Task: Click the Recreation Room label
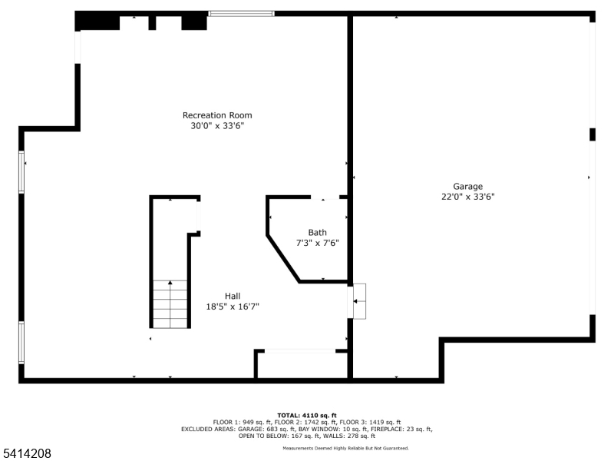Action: click(x=217, y=115)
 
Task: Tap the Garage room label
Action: click(x=468, y=187)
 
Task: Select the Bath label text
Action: click(x=317, y=233)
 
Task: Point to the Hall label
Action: click(x=233, y=296)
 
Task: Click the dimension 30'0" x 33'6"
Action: click(x=217, y=126)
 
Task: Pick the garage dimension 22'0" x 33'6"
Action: click(x=468, y=197)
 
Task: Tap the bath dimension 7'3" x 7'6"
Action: click(x=317, y=243)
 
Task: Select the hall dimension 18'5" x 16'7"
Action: click(x=233, y=307)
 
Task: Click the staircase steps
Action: click(x=170, y=304)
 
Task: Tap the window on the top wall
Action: click(x=241, y=14)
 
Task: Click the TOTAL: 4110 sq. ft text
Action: click(x=307, y=416)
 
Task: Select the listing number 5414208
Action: click(x=25, y=453)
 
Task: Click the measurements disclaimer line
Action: click(x=346, y=448)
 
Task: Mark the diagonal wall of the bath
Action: click(x=283, y=259)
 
